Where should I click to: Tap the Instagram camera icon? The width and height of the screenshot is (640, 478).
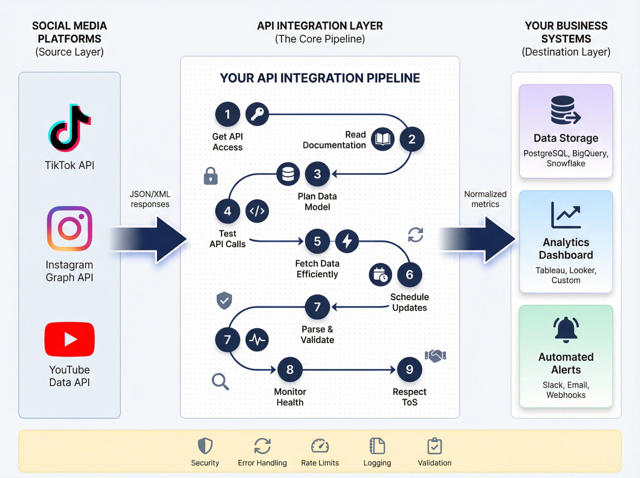69,228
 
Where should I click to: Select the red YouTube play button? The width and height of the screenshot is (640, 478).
69,339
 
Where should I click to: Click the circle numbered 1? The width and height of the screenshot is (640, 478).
228,114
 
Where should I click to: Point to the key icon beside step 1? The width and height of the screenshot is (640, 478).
257,114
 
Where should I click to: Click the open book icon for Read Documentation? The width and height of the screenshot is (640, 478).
383,139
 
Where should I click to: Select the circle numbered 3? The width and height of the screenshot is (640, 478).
317,174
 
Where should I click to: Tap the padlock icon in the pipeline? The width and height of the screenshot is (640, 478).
211,176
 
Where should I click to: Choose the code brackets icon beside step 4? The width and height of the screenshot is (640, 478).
257,211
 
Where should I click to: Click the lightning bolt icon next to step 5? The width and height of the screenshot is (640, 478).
347,241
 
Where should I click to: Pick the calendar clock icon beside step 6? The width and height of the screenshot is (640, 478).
380,275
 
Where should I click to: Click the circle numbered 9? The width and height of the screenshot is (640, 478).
409,369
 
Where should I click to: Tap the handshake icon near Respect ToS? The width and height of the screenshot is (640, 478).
435,355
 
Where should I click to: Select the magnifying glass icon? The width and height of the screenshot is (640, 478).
220,381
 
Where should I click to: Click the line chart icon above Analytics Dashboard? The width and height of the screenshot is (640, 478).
566,215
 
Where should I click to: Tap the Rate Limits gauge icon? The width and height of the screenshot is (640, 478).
320,446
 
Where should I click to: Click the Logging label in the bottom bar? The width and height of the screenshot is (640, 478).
377,463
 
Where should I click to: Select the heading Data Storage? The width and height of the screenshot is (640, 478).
566,138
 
